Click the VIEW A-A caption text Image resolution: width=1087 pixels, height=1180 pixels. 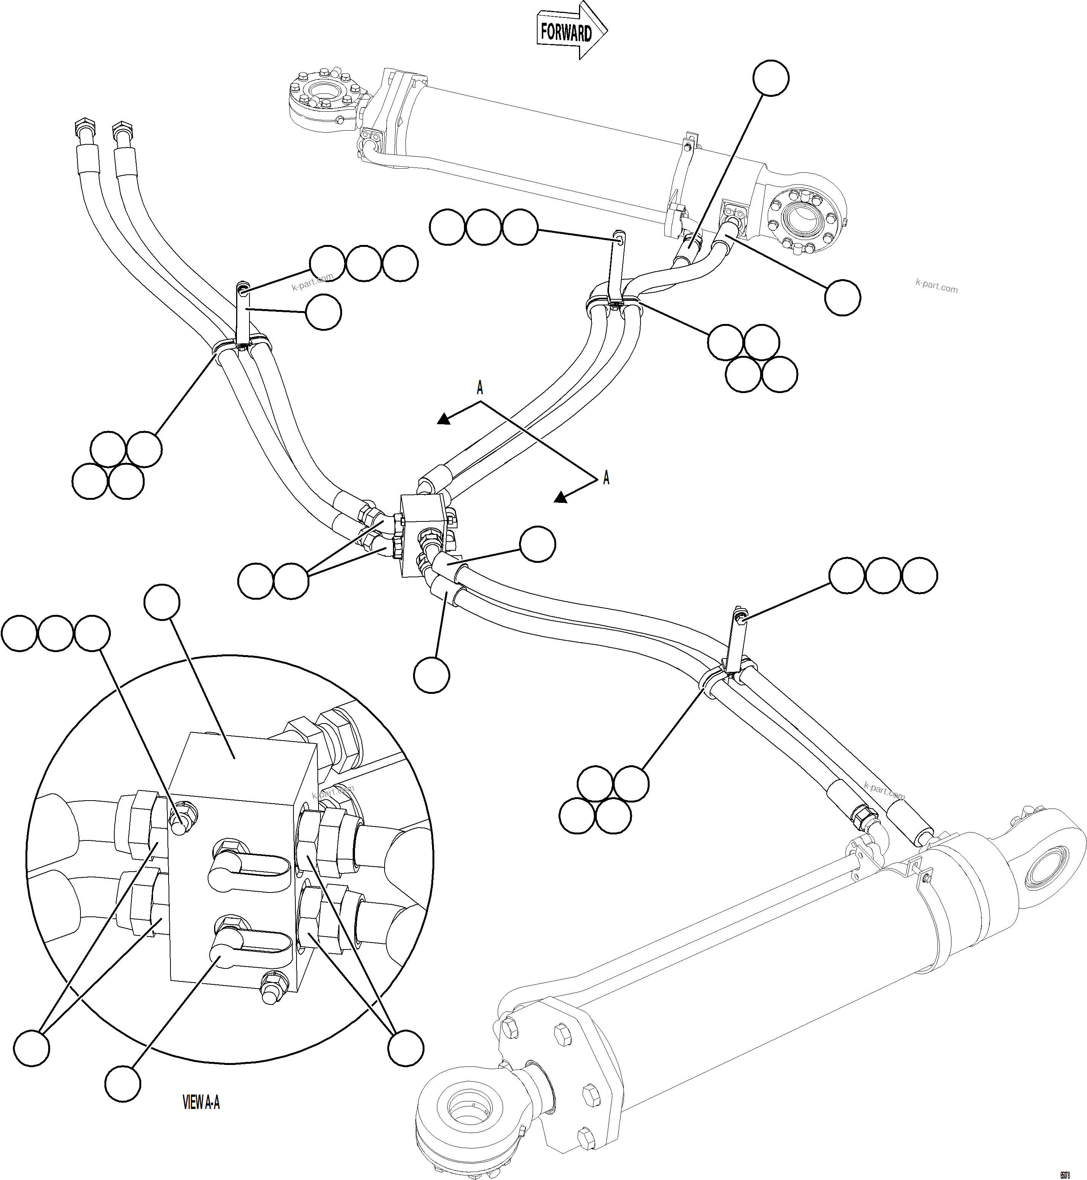[201, 1103]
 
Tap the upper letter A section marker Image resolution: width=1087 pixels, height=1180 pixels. [480, 388]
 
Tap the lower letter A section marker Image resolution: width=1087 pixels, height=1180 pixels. [606, 478]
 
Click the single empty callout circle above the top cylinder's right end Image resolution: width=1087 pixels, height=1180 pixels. [771, 78]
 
